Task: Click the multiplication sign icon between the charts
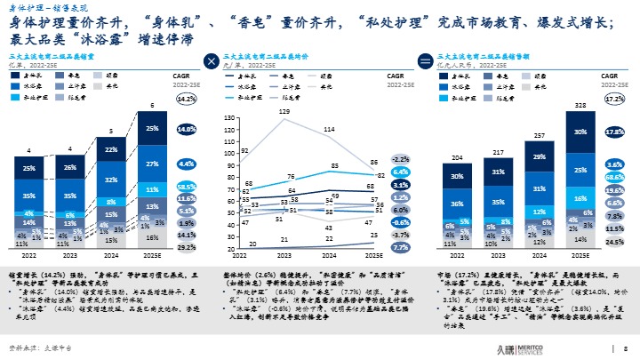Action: [211, 61]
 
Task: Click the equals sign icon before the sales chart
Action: [425, 61]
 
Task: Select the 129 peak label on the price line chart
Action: [285, 111]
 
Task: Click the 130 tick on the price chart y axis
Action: [229, 117]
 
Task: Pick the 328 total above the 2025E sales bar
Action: [581, 106]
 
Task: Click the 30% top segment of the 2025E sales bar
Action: [581, 132]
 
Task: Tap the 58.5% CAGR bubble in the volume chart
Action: [186, 188]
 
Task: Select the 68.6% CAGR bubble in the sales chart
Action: [613, 178]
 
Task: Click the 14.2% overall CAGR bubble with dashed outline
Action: [186, 99]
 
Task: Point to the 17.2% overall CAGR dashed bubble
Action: [613, 99]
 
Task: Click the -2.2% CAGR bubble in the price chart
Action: [400, 159]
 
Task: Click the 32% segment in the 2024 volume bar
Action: [111, 180]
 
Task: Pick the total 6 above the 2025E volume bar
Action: [152, 106]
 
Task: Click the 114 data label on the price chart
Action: [329, 130]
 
